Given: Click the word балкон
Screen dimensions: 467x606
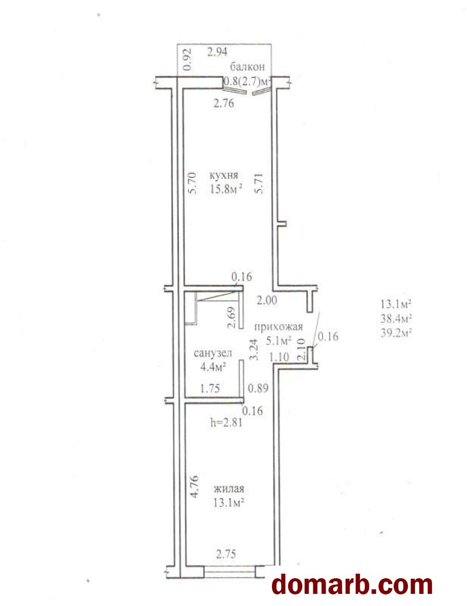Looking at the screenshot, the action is [247, 67].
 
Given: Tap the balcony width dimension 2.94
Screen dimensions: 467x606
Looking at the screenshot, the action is [217, 52].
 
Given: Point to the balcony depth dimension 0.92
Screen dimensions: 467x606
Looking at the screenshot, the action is [188, 60].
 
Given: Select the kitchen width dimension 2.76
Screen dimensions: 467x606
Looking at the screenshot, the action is [223, 104].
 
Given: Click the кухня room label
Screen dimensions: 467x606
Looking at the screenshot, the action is [224, 176].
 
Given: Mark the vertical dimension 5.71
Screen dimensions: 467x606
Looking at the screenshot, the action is [258, 183].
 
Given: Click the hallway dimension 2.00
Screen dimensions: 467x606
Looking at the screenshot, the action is [267, 300].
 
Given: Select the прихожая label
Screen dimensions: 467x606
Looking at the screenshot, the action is [278, 327].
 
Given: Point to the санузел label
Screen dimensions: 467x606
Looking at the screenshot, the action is [213, 353].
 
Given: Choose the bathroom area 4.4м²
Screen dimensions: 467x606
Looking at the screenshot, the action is [213, 367].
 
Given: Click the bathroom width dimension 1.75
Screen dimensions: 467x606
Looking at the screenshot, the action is [210, 388].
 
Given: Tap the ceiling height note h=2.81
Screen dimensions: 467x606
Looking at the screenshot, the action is [226, 423].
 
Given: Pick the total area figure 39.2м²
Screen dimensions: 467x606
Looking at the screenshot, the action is [396, 333].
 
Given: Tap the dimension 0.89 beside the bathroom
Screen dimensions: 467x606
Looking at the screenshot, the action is [258, 388].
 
